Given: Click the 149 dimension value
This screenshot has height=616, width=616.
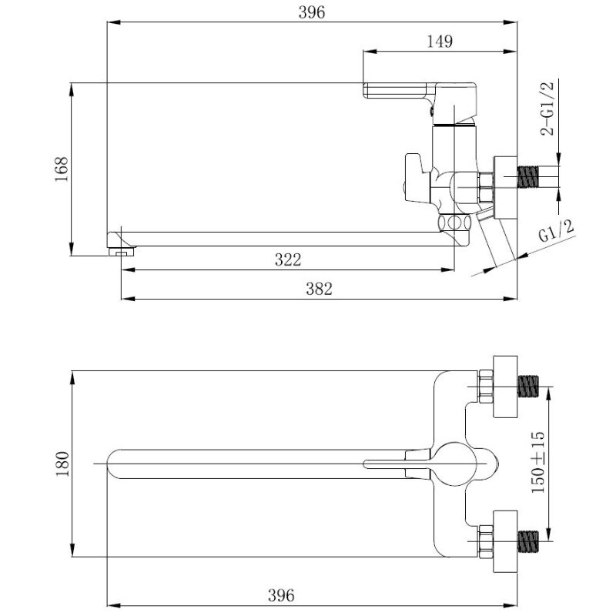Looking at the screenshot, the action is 440,42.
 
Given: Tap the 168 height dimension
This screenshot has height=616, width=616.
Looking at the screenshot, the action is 62,169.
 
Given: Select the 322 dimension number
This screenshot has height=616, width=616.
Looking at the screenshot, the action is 287,259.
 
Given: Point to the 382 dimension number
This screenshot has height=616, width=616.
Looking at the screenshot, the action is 319,289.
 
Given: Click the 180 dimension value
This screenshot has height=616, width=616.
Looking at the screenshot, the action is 62,464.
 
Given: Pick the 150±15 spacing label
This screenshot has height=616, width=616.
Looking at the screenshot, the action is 537,462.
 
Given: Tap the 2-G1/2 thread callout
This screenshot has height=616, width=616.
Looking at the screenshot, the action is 547,109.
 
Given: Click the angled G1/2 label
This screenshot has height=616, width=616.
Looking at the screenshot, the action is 556,231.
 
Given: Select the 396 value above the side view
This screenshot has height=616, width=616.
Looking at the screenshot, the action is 312,12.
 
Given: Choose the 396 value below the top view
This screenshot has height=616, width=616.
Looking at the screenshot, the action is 281,595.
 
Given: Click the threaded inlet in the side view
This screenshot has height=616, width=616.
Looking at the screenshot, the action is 528,177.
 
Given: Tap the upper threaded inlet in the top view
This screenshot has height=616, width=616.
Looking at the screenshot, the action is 528,387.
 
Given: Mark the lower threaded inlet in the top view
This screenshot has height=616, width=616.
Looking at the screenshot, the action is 528,541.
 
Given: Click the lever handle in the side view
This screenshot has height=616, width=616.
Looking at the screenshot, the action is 420,91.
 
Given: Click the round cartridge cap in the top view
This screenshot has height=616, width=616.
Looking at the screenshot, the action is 455,464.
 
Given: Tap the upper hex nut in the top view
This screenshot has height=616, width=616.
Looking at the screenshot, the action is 486,387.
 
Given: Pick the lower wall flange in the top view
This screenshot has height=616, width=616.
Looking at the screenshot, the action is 505,541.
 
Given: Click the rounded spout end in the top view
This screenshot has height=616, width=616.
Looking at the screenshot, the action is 112,464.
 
